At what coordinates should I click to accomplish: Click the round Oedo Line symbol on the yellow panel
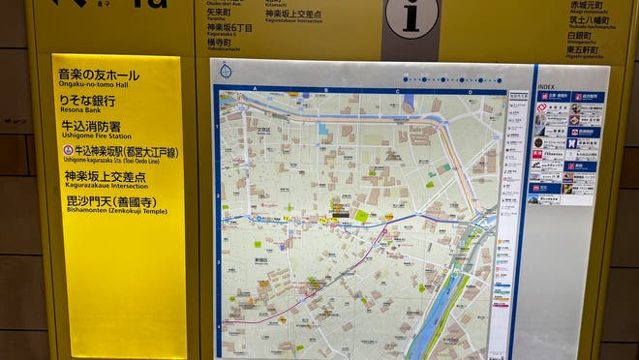click(x=68, y=152)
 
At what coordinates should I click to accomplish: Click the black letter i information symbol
click(x=411, y=16)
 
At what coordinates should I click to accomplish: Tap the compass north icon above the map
click(x=226, y=71)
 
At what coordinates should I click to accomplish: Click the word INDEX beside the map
click(x=547, y=86)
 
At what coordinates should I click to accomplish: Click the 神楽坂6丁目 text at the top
click(x=229, y=29)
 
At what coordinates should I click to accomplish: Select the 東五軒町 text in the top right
click(x=585, y=50)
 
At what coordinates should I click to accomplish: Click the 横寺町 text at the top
click(x=219, y=43)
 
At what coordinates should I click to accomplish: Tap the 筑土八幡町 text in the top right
click(x=589, y=19)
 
